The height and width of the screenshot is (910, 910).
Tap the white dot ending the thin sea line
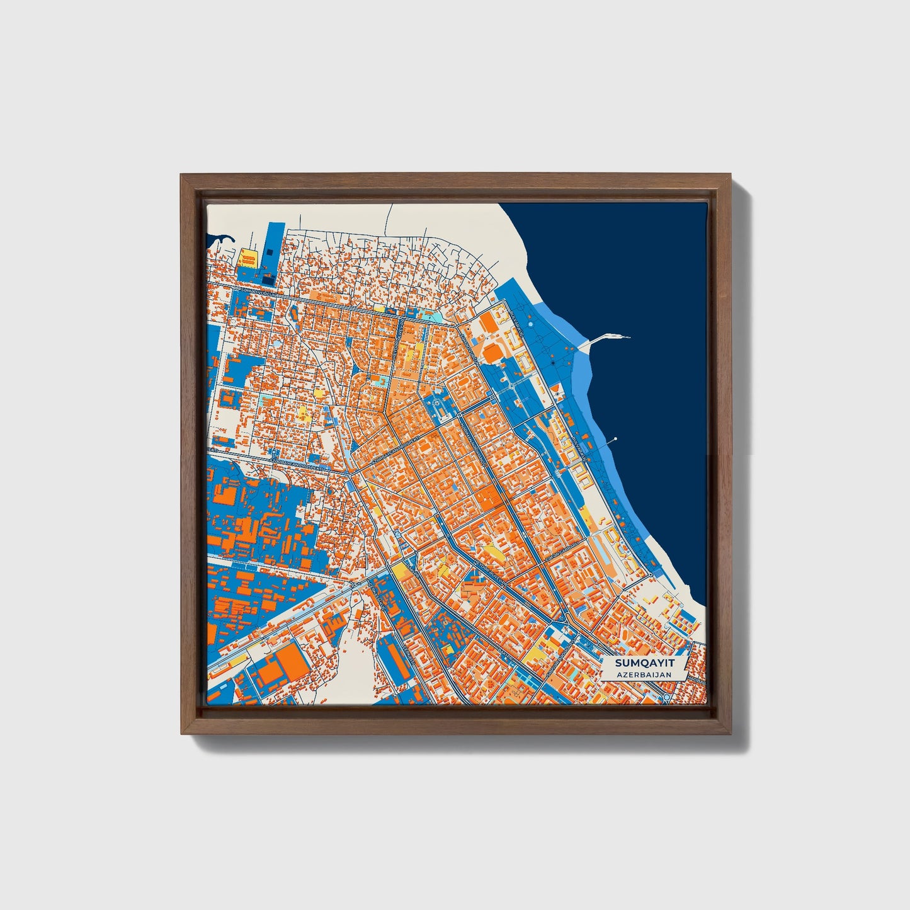[615, 438]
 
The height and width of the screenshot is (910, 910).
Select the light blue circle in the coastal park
[530, 324]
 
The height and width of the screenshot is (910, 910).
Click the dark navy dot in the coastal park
[552, 364]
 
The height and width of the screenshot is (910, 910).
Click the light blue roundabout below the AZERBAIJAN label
[666, 698]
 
